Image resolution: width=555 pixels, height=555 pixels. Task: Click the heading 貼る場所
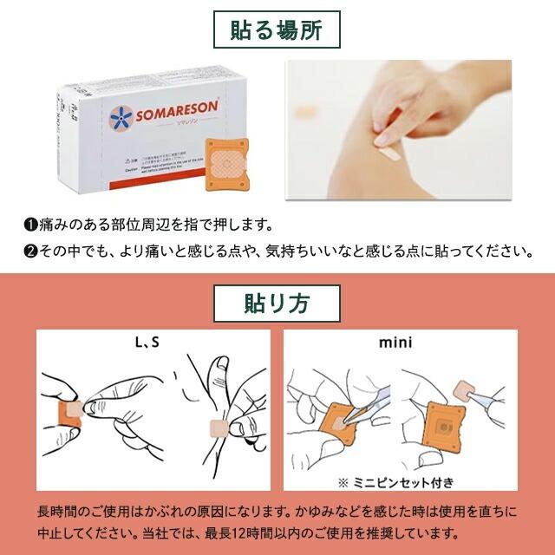click(x=277, y=31)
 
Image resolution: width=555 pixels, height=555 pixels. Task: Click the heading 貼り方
click(x=277, y=304)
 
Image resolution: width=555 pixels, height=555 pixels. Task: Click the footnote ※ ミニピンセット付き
click(x=397, y=481)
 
